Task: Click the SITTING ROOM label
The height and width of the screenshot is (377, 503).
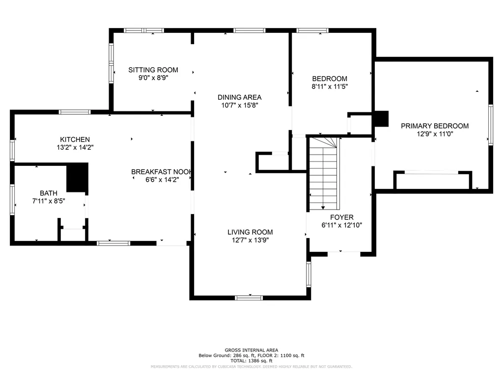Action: point(153,70)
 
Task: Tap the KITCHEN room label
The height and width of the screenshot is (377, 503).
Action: point(75,139)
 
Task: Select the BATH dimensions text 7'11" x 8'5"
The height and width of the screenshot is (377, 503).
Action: point(49,201)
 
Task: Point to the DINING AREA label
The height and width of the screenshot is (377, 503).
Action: point(239,97)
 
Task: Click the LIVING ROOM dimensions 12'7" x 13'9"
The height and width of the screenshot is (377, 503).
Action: point(250,240)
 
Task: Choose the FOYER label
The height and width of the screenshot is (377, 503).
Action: point(342,217)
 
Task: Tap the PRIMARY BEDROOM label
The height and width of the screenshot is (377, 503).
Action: point(435,126)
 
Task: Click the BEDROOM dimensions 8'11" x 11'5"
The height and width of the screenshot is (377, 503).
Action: point(330,86)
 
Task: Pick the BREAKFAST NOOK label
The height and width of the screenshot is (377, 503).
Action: point(162,172)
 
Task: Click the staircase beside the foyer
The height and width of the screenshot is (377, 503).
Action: point(324,174)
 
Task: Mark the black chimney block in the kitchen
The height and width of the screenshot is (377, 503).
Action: point(77,177)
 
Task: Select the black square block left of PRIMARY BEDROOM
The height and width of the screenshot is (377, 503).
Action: point(381,119)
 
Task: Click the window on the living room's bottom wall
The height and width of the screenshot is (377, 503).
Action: point(249,298)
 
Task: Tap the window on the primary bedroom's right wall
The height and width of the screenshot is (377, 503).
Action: point(491,125)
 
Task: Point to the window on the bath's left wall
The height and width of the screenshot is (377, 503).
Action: point(12,199)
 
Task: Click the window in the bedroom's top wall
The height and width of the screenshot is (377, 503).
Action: point(312,30)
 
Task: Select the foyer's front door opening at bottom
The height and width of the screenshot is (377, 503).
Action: point(344,254)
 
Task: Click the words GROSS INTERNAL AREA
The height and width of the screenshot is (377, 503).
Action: point(251,350)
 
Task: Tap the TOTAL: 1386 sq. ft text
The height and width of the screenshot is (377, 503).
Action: point(251,361)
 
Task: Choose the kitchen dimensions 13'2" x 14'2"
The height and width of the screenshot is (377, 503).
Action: point(75,147)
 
